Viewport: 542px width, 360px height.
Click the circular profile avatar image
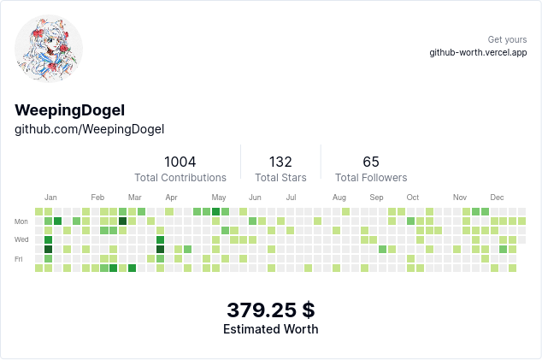point(49,50)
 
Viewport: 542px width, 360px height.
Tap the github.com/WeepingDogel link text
point(89,129)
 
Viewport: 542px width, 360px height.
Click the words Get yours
point(507,39)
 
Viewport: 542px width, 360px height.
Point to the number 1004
point(180,162)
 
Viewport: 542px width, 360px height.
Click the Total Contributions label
point(180,178)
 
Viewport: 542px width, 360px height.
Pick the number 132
point(280,162)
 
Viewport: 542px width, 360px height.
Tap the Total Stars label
point(280,178)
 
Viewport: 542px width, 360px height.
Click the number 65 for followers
point(371,162)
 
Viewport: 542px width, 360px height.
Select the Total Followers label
point(371,178)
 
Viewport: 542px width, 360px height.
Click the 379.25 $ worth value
point(270,310)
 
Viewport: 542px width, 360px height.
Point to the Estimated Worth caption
point(270,329)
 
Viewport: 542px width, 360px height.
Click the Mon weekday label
point(21,221)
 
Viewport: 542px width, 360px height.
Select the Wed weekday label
point(21,240)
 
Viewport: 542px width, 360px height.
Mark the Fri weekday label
point(19,259)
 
